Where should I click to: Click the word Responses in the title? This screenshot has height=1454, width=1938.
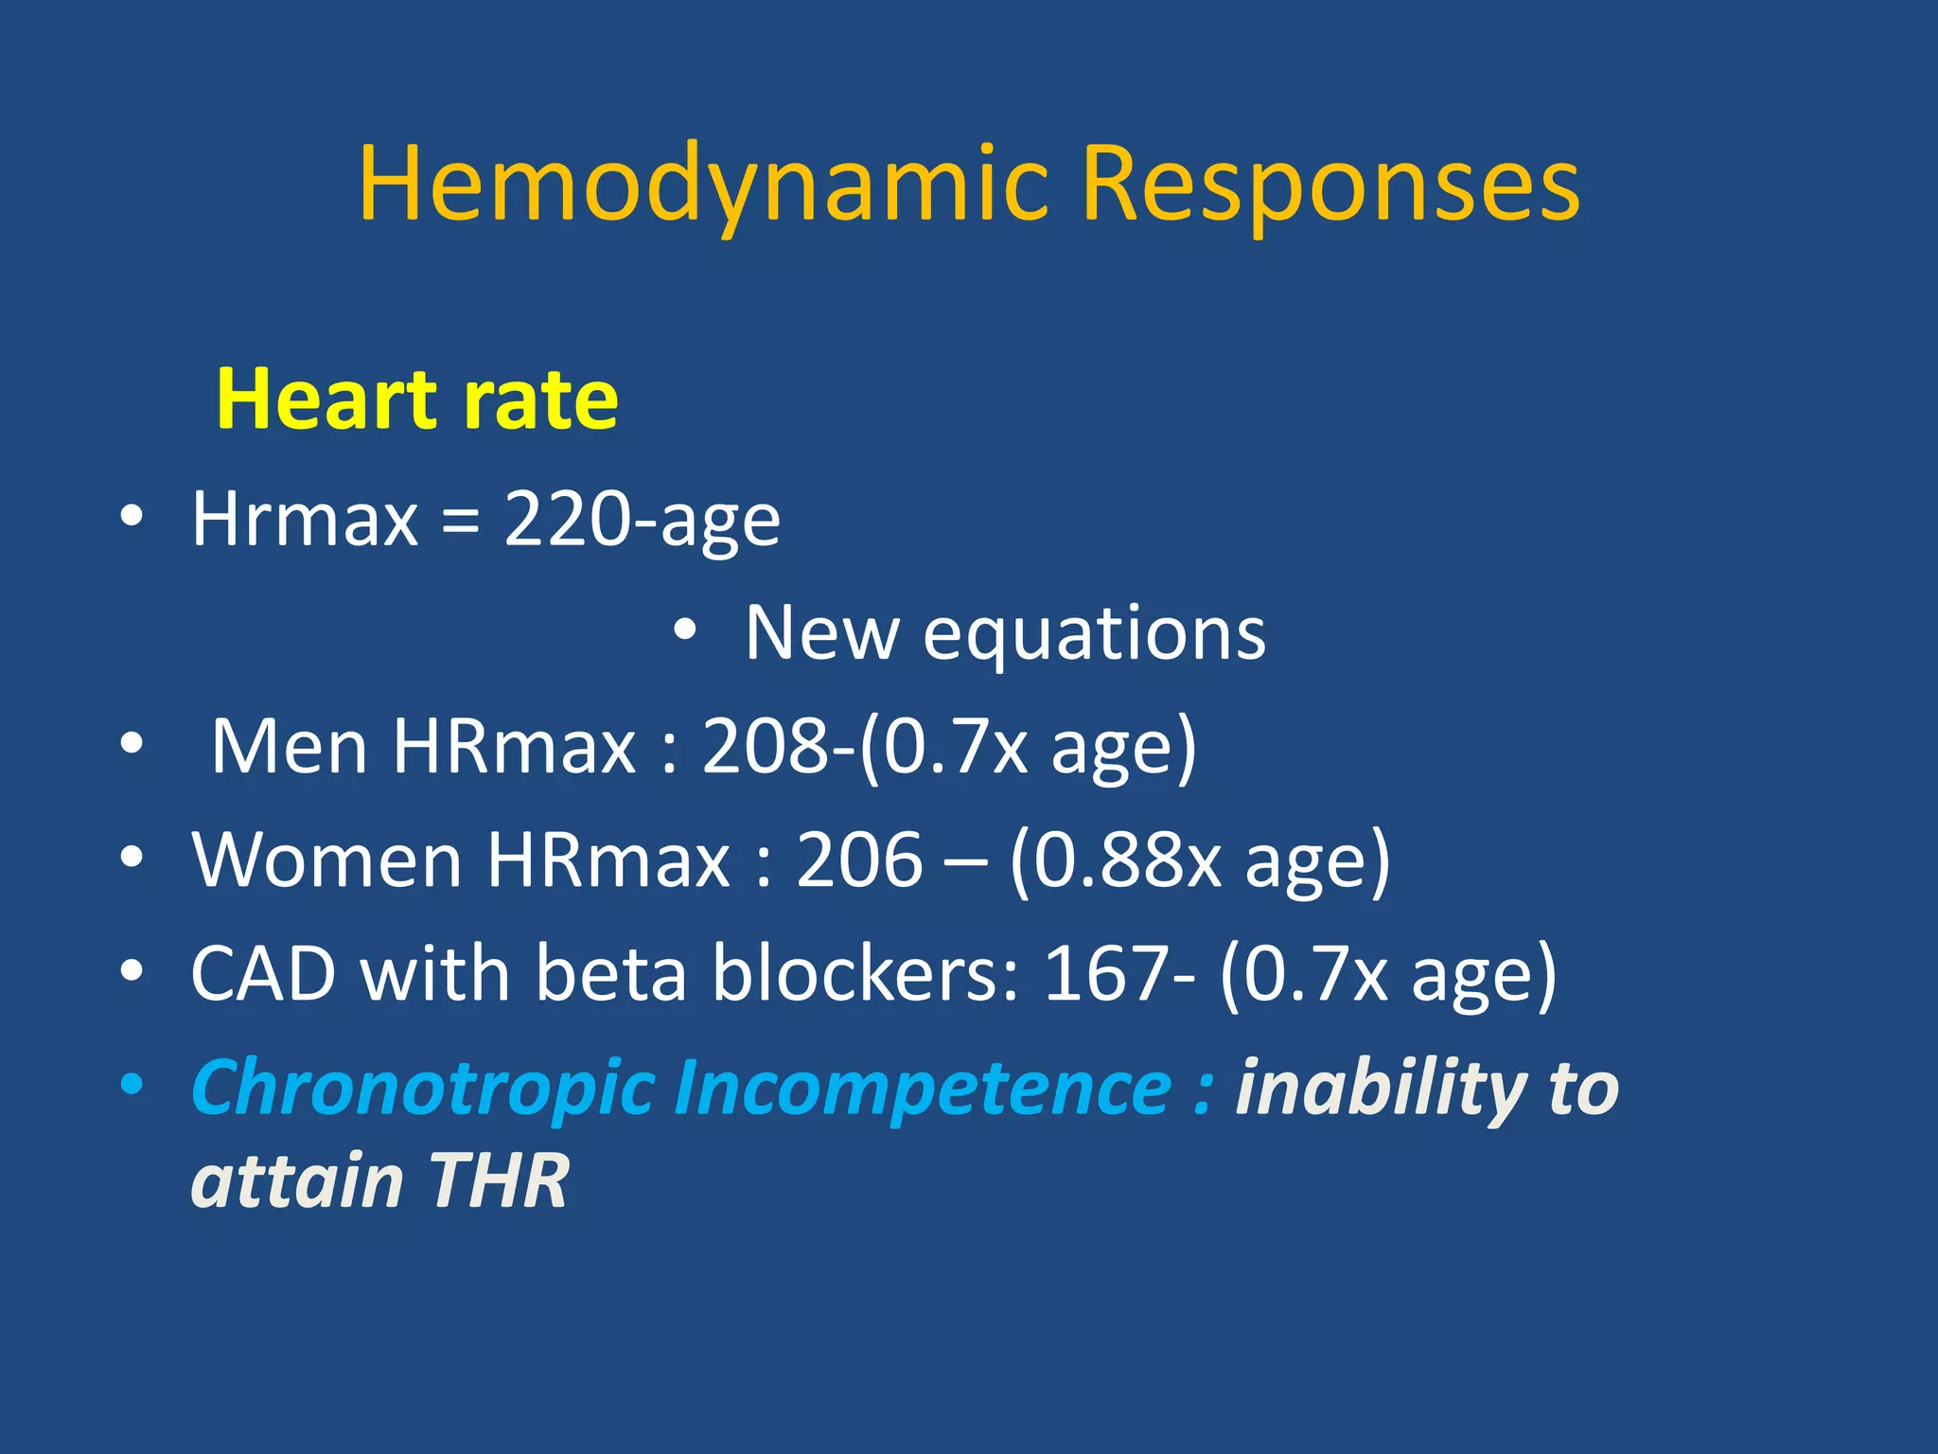pyautogui.click(x=1330, y=185)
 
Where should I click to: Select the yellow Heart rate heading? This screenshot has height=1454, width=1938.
pyautogui.click(x=417, y=399)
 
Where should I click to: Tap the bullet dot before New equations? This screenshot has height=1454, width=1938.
pyautogui.click(x=685, y=629)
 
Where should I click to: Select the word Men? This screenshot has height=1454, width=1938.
pyautogui.click(x=289, y=747)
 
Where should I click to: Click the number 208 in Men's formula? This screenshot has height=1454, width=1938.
pyautogui.click(x=765, y=747)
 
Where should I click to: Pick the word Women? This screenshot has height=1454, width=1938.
pyautogui.click(x=326, y=860)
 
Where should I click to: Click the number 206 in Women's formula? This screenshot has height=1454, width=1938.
pyautogui.click(x=859, y=860)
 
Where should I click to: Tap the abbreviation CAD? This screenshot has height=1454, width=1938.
pyautogui.click(x=263, y=974)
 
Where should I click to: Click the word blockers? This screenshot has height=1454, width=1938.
pyautogui.click(x=865, y=974)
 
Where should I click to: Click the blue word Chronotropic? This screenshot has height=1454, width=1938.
pyautogui.click(x=423, y=1089)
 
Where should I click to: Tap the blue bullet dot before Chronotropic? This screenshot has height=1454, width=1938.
pyautogui.click(x=132, y=1084)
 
